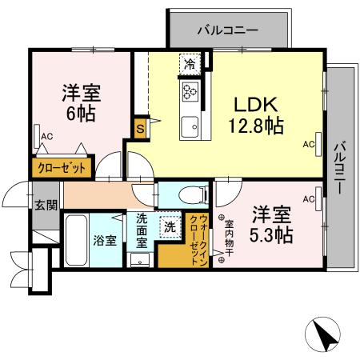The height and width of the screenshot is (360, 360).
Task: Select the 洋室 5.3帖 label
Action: tap(271, 225)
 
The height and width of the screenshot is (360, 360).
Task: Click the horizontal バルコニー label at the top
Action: tap(228, 30)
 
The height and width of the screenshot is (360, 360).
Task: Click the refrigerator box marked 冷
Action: tap(190, 63)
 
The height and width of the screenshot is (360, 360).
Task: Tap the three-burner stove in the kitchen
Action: tap(190, 90)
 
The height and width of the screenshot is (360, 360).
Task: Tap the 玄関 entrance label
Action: tap(45, 204)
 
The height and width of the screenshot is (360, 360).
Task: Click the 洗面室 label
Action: tap(142, 230)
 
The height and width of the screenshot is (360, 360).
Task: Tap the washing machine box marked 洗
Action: tap(170, 226)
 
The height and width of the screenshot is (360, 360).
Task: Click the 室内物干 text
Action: tap(229, 238)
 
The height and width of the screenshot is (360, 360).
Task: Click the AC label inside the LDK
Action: tap(308, 145)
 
